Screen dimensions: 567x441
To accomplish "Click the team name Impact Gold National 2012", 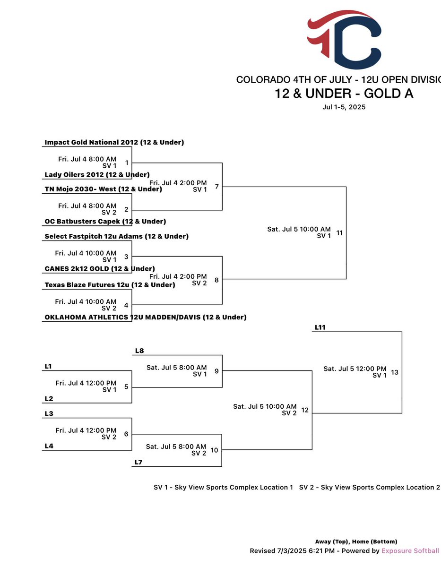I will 114,142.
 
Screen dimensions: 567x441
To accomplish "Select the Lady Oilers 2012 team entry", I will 97,175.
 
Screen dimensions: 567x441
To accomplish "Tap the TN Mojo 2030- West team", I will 103,189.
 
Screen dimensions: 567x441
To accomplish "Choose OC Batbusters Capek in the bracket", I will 105,222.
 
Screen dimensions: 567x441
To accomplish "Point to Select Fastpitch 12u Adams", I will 116,237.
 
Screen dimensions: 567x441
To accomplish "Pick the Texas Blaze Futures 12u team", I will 110,285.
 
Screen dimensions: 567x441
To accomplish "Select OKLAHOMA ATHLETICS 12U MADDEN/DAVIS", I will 145,318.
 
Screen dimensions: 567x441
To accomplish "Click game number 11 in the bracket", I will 339,233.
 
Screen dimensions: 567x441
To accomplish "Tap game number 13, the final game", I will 395,372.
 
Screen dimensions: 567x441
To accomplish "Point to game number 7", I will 216,187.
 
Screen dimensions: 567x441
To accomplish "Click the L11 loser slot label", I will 320,327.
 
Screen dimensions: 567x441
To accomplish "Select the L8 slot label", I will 139,351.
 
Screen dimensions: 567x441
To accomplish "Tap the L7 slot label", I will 138,462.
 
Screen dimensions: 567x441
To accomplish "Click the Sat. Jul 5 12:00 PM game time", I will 355,369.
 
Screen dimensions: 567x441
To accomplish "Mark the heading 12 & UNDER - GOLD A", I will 344,94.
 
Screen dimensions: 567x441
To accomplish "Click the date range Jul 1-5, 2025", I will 344,107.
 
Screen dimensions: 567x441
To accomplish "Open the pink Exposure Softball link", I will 410,551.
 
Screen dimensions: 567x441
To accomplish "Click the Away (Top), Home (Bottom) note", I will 356,541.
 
